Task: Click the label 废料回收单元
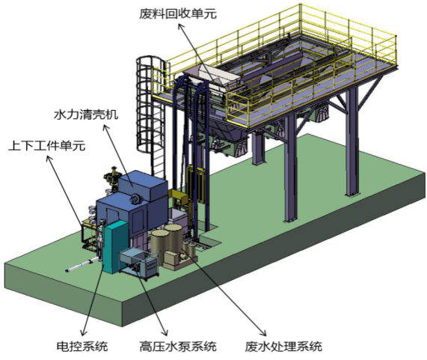coord(178,13)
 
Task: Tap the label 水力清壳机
coord(86,115)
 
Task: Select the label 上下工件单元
coord(46,146)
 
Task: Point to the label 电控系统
coord(82,346)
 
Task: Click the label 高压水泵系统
coord(178,346)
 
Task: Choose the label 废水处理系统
coord(283,346)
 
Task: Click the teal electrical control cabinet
coord(115,247)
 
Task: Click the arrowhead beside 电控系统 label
coord(84,332)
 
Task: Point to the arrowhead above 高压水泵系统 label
coord(165,332)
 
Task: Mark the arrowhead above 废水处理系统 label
coord(263,333)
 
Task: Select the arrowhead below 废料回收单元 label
coord(180,27)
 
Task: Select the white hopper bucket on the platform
coord(212,78)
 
